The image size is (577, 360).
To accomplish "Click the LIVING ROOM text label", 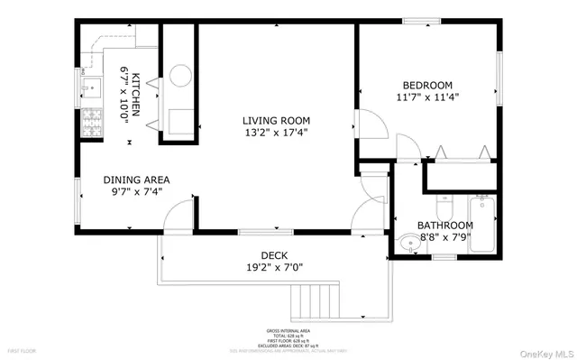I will pyautogui.click(x=276, y=119).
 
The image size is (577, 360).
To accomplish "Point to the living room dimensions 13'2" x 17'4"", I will pyautogui.click(x=276, y=133).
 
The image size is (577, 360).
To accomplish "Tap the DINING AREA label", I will pyautogui.click(x=136, y=179).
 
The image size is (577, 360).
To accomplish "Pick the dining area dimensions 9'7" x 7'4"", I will pyautogui.click(x=136, y=191).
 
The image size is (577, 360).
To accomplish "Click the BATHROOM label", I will pyautogui.click(x=444, y=225).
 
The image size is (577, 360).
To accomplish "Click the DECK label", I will pyautogui.click(x=275, y=254).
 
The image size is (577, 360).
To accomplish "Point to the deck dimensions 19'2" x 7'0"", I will pyautogui.click(x=275, y=268).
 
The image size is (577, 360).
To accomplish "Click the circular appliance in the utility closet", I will pyautogui.click(x=179, y=75).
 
